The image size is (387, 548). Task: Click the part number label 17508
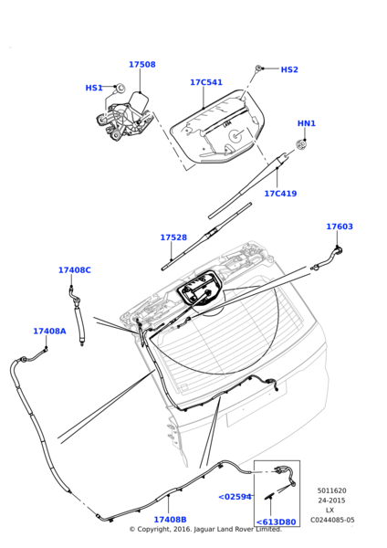[141, 65]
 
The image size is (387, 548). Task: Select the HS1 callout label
[94, 88]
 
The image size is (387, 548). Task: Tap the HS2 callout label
[289, 69]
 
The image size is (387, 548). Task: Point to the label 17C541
[206, 82]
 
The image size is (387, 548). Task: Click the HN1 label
[307, 123]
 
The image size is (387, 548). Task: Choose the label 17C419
[280, 194]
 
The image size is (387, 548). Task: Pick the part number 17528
[173, 237]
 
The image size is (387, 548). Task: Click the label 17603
[340, 227]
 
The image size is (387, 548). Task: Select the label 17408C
[75, 270]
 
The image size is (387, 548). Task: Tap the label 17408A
[49, 332]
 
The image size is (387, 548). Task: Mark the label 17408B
[170, 520]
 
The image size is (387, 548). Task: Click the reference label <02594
[235, 497]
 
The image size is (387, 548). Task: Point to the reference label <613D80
[276, 522]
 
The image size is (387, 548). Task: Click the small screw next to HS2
[260, 68]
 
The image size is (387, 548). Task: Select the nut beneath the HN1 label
[302, 143]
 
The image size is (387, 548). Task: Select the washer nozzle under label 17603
[336, 250]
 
